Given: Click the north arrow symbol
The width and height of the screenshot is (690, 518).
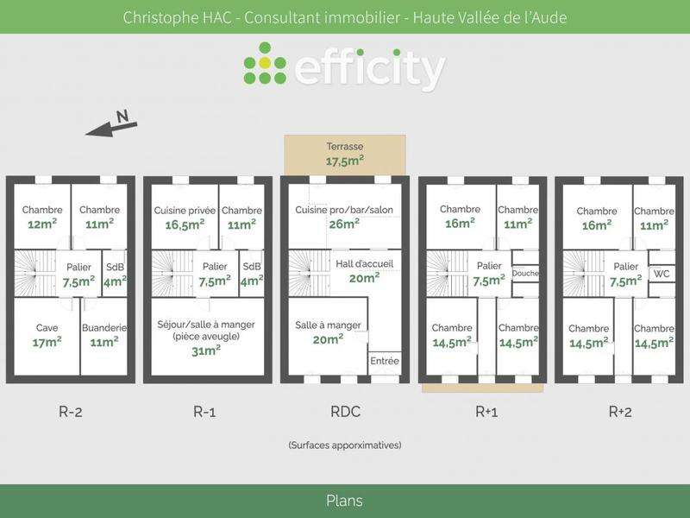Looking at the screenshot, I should pos(112,125).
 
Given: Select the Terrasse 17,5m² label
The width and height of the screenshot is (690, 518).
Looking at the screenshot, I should pos(344,154).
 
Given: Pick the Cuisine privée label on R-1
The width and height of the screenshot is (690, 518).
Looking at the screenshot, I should pos(185,210).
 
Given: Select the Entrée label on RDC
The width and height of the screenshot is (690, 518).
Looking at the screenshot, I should pos(385,360).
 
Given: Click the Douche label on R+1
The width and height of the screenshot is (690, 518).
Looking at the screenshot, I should pos(524,274).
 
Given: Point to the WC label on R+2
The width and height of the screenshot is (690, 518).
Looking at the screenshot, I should pos(662,274).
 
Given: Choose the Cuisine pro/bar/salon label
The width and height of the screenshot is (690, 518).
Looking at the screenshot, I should pos(344,210).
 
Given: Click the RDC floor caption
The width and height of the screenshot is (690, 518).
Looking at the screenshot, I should pos(344,412).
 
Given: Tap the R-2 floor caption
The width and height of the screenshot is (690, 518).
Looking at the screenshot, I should pos(70,412).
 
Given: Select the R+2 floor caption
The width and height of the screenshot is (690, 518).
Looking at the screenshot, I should pos(619,412).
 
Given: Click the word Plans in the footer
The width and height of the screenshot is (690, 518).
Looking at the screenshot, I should pos(344,501).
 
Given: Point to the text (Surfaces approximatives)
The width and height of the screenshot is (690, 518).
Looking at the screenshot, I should pos(344,445).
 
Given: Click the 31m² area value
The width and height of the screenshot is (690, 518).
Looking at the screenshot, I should pos(207,350).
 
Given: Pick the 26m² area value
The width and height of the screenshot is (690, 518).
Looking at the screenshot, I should pos(343,224).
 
